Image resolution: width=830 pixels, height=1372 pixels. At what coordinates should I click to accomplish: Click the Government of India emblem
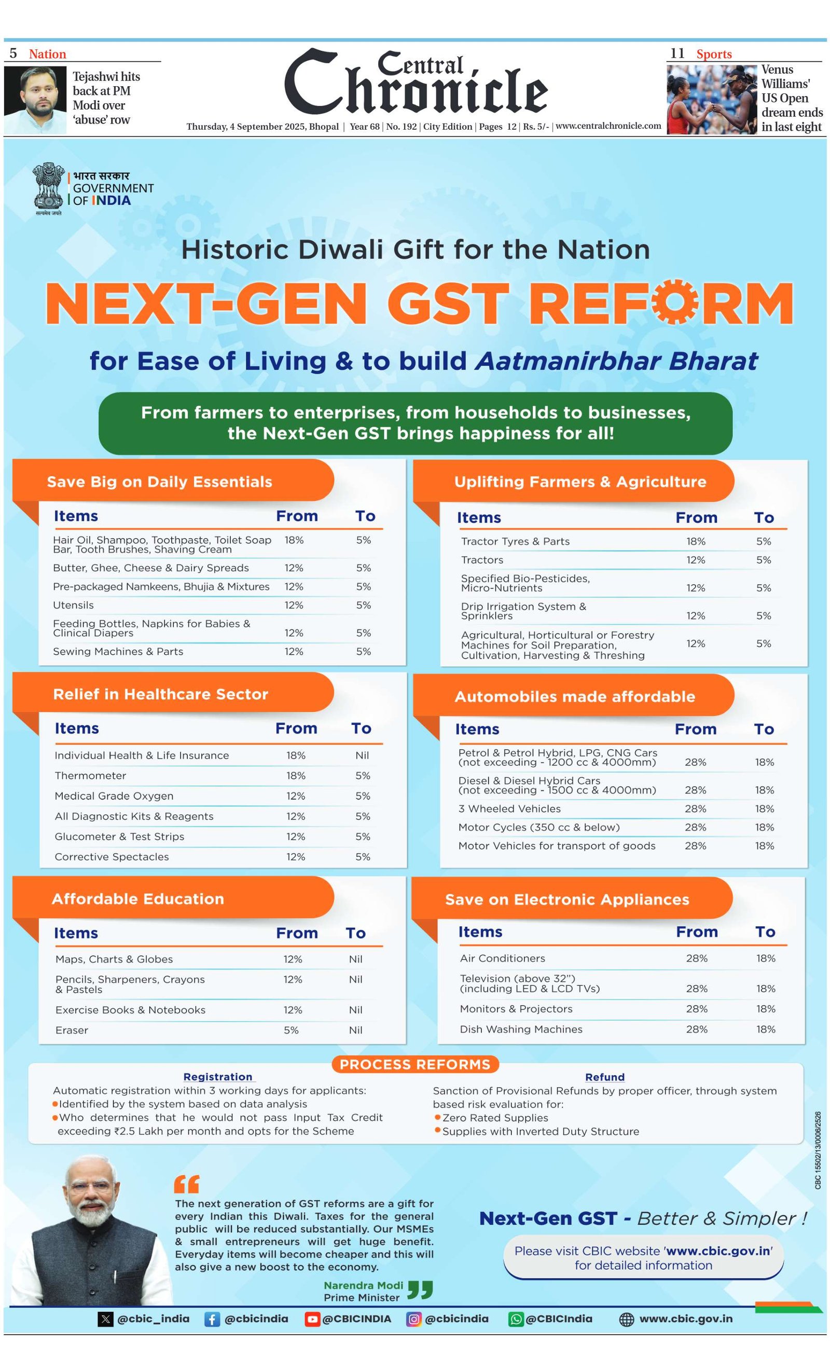[47, 186]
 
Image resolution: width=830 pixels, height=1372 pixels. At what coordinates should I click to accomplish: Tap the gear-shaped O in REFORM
[674, 303]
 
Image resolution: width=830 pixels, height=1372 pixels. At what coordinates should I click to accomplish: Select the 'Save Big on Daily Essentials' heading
[159, 482]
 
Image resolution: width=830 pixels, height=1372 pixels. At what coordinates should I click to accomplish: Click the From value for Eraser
[291, 1030]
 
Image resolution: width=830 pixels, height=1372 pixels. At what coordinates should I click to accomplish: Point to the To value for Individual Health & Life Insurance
[362, 755]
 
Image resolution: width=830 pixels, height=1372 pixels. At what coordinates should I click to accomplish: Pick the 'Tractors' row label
[481, 559]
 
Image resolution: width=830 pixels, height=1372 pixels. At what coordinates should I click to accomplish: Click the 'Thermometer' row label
[90, 776]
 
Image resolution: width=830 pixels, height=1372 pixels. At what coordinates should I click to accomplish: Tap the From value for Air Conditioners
[696, 958]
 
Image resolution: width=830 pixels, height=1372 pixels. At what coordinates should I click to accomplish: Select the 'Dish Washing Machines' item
[520, 1029]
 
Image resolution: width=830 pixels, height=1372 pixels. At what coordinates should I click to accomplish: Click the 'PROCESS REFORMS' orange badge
[414, 1064]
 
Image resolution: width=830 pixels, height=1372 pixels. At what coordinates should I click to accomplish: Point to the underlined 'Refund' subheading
[604, 1077]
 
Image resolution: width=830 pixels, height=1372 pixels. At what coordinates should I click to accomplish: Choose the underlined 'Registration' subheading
[218, 1077]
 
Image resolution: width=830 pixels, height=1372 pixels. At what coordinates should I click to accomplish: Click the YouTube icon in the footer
[312, 1319]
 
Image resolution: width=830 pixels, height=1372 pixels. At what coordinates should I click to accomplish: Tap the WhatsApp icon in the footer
[516, 1319]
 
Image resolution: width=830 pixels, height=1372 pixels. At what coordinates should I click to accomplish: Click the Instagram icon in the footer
[413, 1319]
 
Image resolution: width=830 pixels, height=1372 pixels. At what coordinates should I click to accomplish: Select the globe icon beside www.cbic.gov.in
[626, 1320]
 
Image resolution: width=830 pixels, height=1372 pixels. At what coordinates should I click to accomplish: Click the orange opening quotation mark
[186, 1184]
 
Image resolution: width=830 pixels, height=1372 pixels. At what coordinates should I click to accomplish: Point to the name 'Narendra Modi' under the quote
[364, 1285]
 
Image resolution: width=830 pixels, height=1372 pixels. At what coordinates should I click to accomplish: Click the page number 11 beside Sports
[677, 53]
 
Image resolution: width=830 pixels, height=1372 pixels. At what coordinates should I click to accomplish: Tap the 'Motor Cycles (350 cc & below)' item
[538, 827]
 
